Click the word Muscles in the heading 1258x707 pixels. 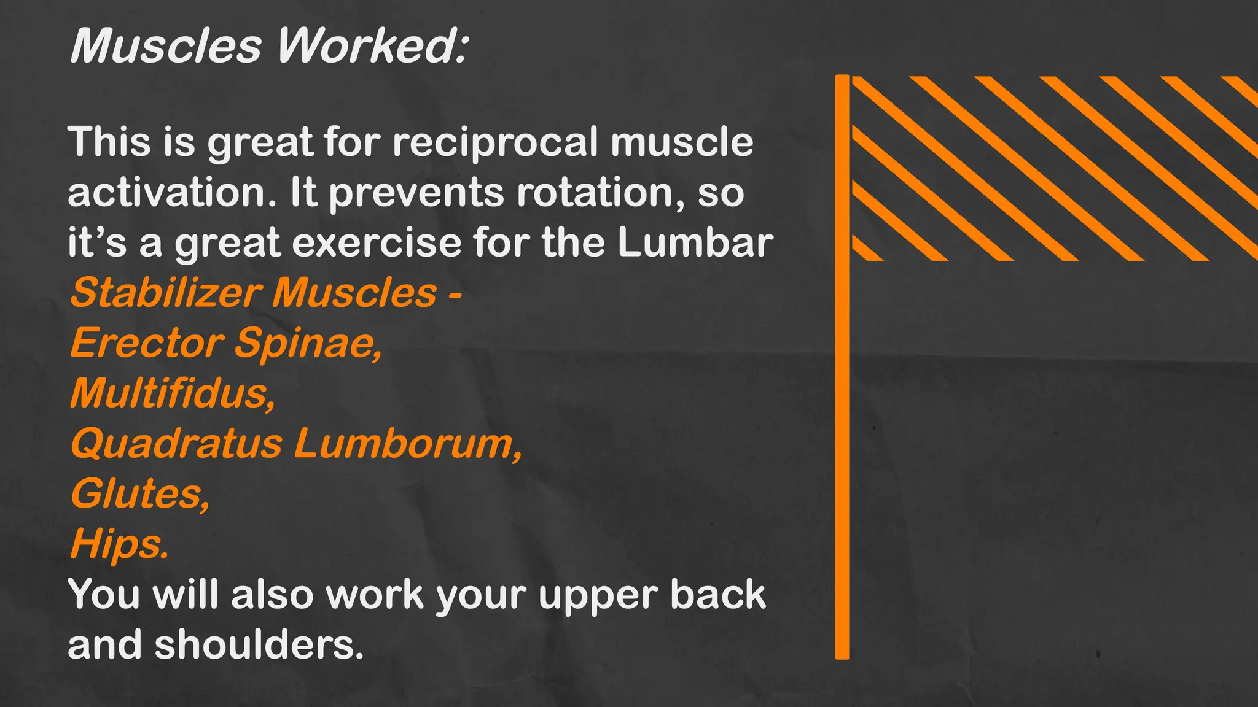tap(166, 46)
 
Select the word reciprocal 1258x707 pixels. tap(495, 142)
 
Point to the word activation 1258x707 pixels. tap(172, 193)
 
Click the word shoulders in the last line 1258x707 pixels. tap(259, 645)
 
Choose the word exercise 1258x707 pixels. tap(377, 242)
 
